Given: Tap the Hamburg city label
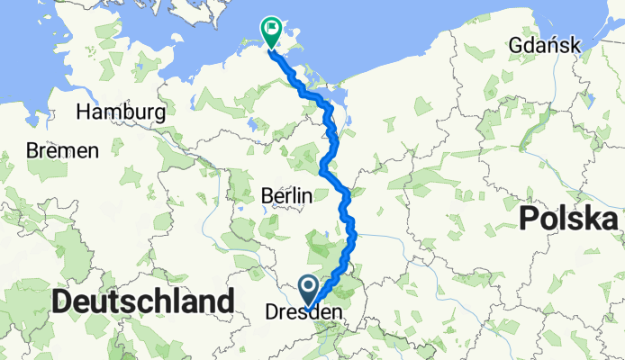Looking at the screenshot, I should click(x=121, y=112).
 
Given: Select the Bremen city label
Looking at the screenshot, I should click(x=61, y=151).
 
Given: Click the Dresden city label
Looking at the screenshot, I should click(x=305, y=312).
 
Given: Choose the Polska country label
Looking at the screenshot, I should click(x=572, y=219).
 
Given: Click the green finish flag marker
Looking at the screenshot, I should click(x=270, y=31).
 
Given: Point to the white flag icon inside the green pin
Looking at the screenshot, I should click(x=270, y=29).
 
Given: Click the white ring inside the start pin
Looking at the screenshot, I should click(x=308, y=288).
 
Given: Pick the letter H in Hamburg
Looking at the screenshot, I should click(x=84, y=112).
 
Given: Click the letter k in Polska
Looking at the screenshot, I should click(x=593, y=219).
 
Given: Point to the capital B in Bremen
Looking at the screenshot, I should click(x=32, y=151).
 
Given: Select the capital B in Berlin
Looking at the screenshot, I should click(x=264, y=196).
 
